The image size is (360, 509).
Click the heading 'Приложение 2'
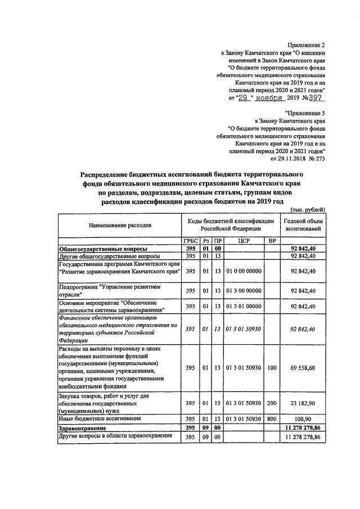coord(307,44)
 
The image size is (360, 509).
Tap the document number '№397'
coord(313,98)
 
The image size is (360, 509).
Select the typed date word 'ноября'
coord(267,98)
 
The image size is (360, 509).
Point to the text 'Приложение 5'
coord(306,113)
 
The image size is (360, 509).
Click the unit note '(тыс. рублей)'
coord(308,209)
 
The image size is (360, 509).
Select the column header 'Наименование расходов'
coord(119,225)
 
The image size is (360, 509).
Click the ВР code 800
coord(272,419)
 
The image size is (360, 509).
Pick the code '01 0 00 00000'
coord(244,271)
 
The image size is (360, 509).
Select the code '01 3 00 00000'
coord(244,290)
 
